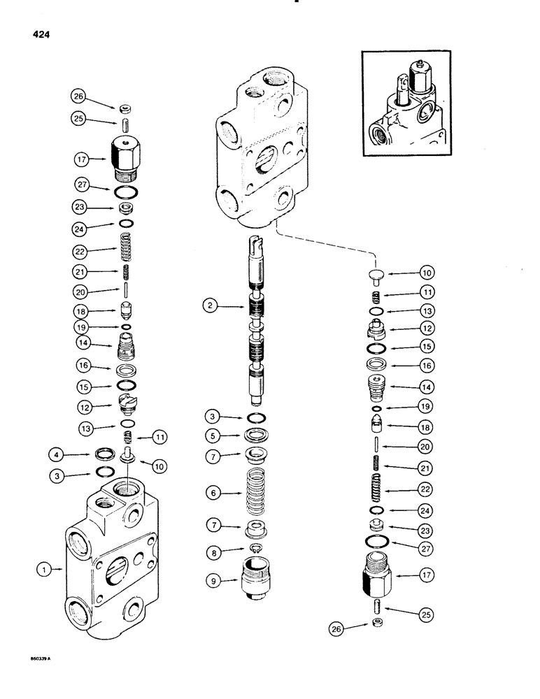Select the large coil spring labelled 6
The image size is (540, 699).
point(258,492)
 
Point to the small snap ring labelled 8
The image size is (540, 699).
point(258,550)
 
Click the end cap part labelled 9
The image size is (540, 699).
point(257,579)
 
